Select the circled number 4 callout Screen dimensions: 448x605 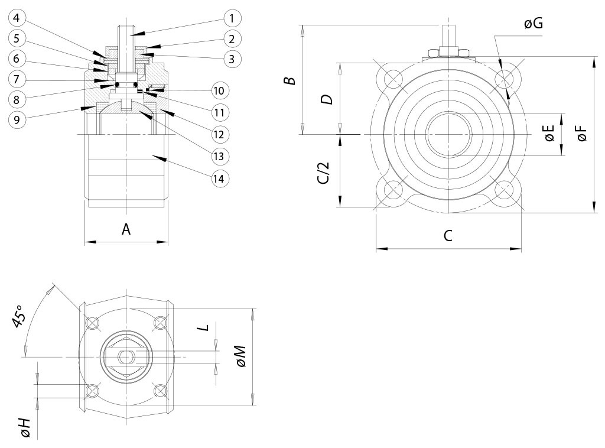click(x=18, y=18)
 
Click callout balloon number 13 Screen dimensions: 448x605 click(x=220, y=156)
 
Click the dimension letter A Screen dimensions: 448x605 click(x=126, y=229)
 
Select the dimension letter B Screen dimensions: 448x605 click(x=290, y=80)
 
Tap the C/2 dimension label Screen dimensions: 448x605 click(x=323, y=172)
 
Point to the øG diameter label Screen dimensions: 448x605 click(x=533, y=24)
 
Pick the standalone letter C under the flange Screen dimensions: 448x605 click(x=448, y=235)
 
